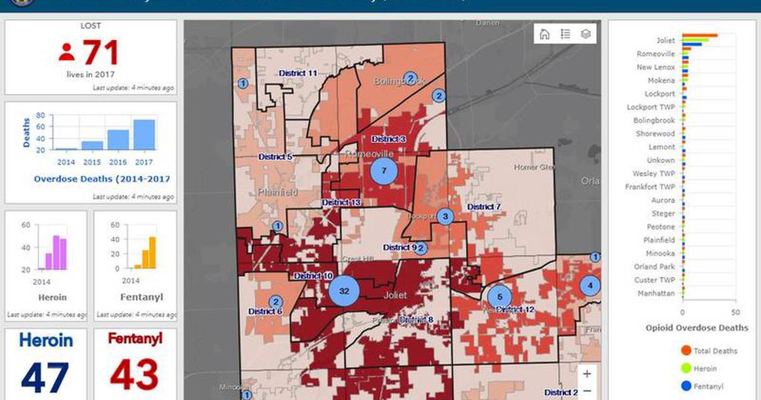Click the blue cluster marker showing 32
[344, 291]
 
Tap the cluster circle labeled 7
[384, 170]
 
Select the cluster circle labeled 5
[500, 297]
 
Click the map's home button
[544, 34]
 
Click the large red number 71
[100, 52]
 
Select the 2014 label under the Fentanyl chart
[131, 281]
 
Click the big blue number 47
[45, 377]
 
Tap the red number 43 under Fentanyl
[134, 375]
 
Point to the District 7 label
[484, 207]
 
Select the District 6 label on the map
[265, 311]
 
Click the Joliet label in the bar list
[665, 41]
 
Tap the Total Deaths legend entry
[715, 351]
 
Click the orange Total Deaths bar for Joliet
[700, 36]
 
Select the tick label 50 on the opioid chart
[734, 312]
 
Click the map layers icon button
[586, 34]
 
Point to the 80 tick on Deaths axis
[40, 116]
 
